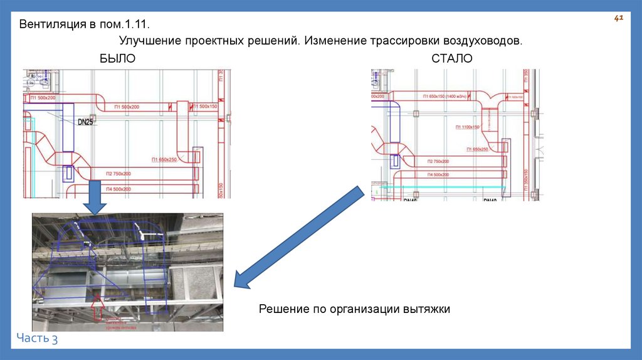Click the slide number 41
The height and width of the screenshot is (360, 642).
coord(618,19)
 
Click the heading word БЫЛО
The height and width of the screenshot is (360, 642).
coord(117,58)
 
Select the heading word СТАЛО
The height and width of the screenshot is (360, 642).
coord(452,58)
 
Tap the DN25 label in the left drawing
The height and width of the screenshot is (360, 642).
coord(85,122)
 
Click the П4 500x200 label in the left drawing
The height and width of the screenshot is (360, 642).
coord(118,189)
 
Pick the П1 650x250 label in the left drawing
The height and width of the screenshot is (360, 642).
coord(164,160)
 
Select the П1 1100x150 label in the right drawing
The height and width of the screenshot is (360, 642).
coord(465,127)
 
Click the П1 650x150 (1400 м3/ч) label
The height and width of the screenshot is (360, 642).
coord(451,96)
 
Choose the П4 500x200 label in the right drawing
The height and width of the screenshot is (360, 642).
coord(438,174)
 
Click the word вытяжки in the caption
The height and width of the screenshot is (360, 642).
coord(429,309)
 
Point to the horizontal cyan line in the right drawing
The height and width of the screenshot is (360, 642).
coord(442,187)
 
